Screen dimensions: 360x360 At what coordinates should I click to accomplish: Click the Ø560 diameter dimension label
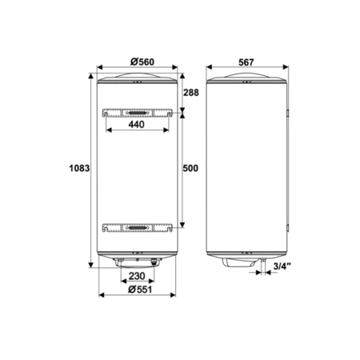coord(142,62)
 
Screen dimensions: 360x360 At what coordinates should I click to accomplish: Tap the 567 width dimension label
coord(246,62)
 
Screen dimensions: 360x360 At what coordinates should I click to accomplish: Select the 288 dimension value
coord(191,93)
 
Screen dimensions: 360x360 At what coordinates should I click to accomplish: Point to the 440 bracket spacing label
coord(137,124)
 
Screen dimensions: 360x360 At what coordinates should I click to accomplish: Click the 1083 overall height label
coord(79,168)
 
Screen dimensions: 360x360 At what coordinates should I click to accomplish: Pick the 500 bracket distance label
coord(190,168)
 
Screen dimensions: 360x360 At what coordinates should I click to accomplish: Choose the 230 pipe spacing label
coord(137,276)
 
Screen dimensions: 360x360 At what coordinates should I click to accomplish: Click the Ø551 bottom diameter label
coord(140,290)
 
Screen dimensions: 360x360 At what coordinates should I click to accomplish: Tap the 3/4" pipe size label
coord(282,266)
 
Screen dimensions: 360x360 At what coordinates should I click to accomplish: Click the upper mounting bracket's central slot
coord(138,113)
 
